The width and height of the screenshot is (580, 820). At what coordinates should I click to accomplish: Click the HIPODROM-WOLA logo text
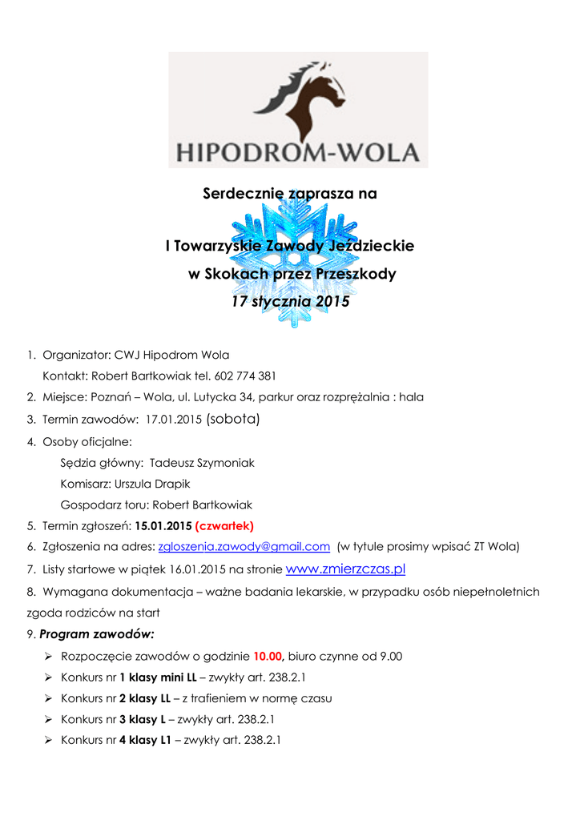coord(297,151)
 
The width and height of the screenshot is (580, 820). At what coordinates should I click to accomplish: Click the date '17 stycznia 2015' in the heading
coord(290,303)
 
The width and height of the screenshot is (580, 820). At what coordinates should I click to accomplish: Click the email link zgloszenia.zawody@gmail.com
coord(244,546)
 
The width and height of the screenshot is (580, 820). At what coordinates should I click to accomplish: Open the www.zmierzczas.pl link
coord(345,569)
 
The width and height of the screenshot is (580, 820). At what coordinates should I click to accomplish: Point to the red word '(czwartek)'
coord(224,526)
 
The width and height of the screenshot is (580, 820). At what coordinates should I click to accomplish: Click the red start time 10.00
coord(268,656)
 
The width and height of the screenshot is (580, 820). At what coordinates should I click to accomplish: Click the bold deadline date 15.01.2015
coord(163,526)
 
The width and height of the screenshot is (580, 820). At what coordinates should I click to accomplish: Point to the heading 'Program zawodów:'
coord(96,634)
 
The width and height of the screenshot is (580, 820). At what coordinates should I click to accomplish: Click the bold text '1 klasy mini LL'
coord(158,677)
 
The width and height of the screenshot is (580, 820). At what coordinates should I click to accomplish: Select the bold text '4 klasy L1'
coord(146,740)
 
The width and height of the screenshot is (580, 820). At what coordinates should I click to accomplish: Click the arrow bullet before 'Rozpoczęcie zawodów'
coord(48,656)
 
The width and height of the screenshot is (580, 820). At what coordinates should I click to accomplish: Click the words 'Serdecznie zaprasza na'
coord(289,194)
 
